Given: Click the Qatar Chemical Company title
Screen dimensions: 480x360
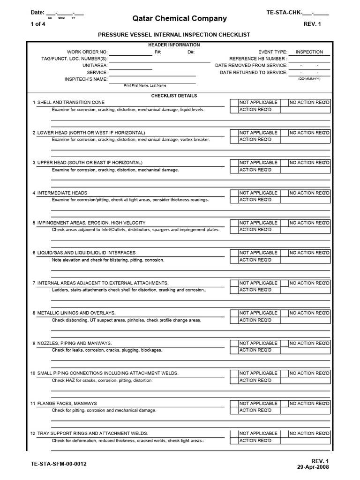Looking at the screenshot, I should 180,19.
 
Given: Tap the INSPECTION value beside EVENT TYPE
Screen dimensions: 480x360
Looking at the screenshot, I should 309,52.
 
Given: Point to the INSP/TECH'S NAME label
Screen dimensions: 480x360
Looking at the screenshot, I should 86,79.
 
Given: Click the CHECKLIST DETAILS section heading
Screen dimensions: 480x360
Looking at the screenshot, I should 174,96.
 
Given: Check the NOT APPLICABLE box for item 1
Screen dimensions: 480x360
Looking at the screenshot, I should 234,103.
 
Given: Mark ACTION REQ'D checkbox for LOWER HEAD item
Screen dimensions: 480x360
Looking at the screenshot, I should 234,140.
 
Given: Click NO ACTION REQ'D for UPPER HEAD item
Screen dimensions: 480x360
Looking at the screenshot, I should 309,163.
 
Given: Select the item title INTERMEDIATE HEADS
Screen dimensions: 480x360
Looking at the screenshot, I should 62,193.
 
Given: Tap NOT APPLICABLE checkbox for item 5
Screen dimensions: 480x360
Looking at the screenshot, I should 234,223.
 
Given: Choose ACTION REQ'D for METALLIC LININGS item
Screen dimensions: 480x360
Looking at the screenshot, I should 234,320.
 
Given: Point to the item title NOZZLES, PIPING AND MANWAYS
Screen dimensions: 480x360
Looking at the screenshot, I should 75,344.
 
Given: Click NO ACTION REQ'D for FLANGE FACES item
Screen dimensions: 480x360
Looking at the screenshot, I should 309,404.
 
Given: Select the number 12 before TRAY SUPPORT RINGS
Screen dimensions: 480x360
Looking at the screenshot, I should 33,434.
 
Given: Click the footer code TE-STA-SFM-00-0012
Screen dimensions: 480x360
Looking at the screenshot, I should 58,464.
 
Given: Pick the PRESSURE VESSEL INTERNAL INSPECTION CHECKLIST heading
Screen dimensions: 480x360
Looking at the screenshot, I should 174,35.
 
